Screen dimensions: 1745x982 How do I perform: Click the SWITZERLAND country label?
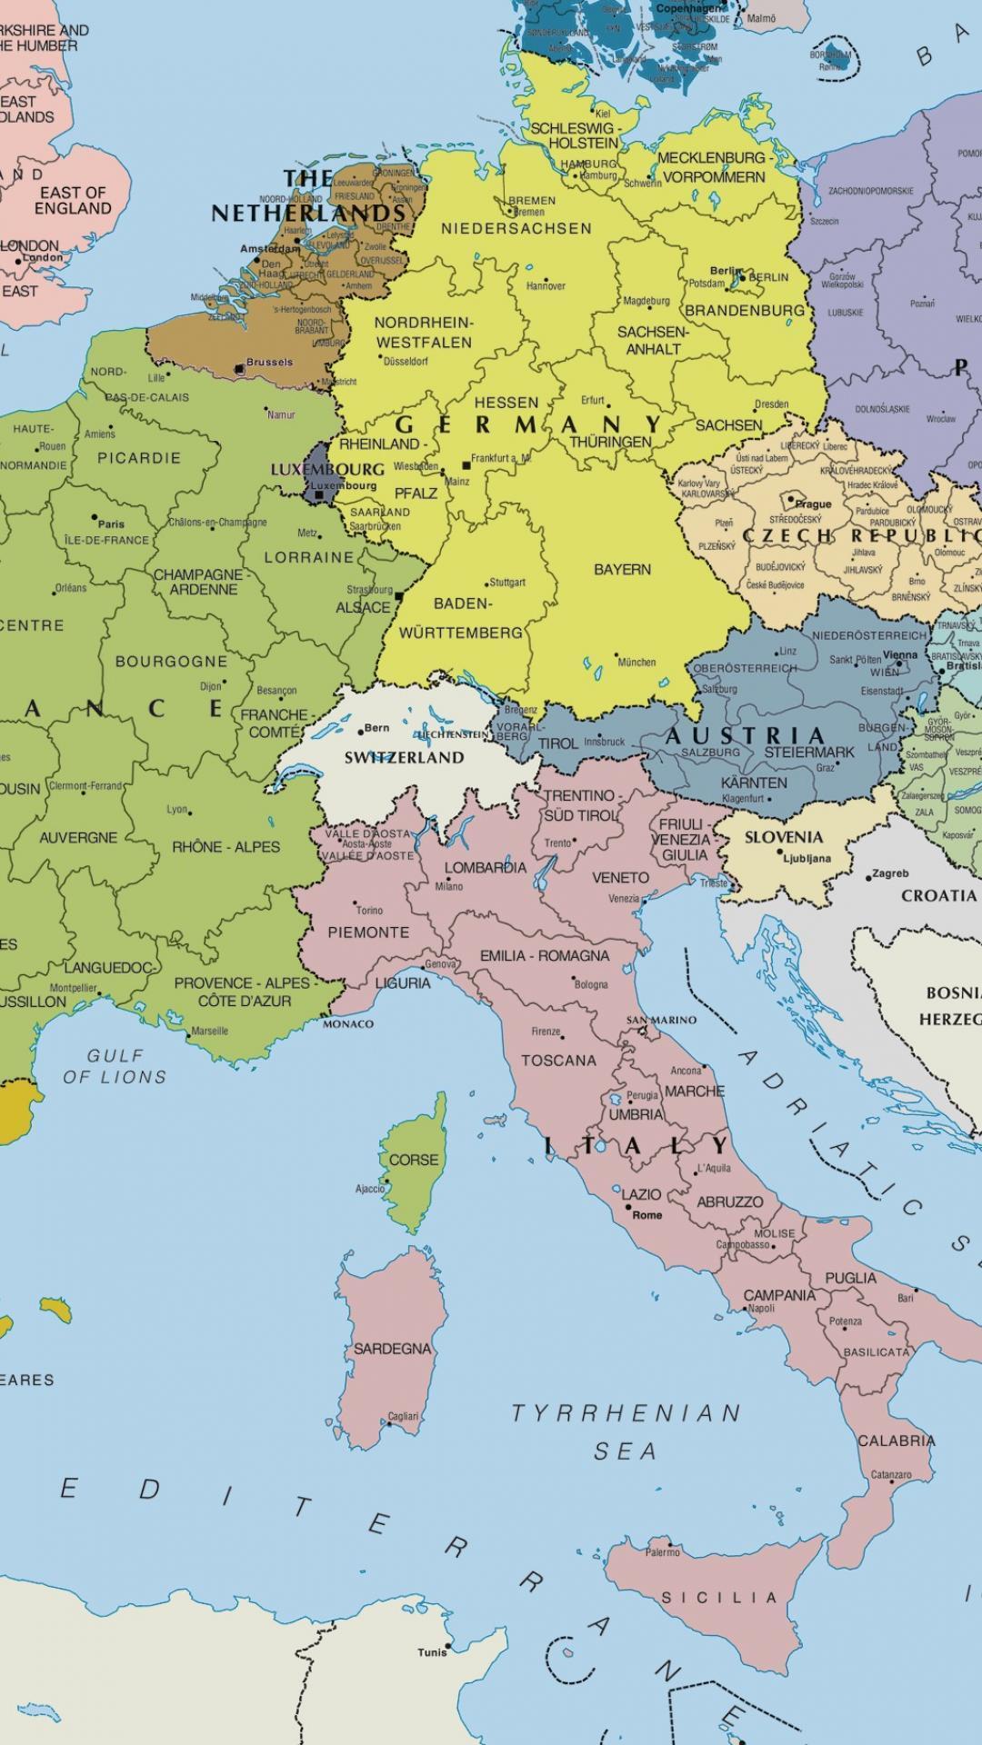(x=404, y=757)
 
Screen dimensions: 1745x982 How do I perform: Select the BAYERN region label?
(x=622, y=570)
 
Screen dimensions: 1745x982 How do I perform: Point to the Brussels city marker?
(x=239, y=369)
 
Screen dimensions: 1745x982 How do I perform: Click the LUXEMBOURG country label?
(x=327, y=470)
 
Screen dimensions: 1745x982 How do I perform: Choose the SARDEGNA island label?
(x=392, y=1349)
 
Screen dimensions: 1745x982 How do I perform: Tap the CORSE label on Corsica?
(x=413, y=1160)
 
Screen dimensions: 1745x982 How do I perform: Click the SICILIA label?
(x=718, y=1597)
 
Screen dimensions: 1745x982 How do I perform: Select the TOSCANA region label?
(x=558, y=1060)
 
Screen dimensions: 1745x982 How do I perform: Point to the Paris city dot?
(x=95, y=517)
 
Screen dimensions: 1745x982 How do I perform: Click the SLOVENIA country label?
(x=783, y=837)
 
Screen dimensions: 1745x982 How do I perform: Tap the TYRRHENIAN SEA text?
(x=626, y=1431)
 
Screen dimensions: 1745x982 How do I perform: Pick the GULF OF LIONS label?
(x=115, y=1066)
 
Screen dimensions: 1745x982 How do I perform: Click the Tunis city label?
(x=431, y=1651)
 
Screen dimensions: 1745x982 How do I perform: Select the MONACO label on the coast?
(x=348, y=1024)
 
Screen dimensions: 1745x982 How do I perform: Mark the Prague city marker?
(x=788, y=501)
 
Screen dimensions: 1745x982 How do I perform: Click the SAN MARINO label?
(x=661, y=1020)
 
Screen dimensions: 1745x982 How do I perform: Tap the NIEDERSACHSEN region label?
(x=516, y=229)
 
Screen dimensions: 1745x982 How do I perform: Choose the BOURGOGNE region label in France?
(x=171, y=661)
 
